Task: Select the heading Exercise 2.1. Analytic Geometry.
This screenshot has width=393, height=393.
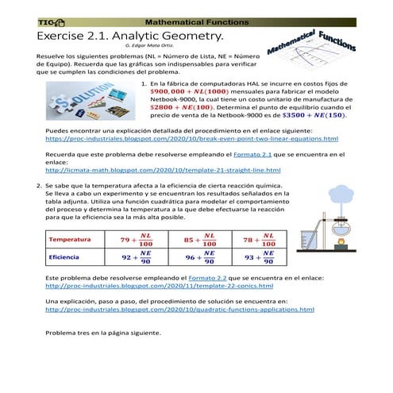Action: (x=131, y=37)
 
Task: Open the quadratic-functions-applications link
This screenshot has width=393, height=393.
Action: (x=179, y=310)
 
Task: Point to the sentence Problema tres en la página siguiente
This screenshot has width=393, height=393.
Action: (x=103, y=333)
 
